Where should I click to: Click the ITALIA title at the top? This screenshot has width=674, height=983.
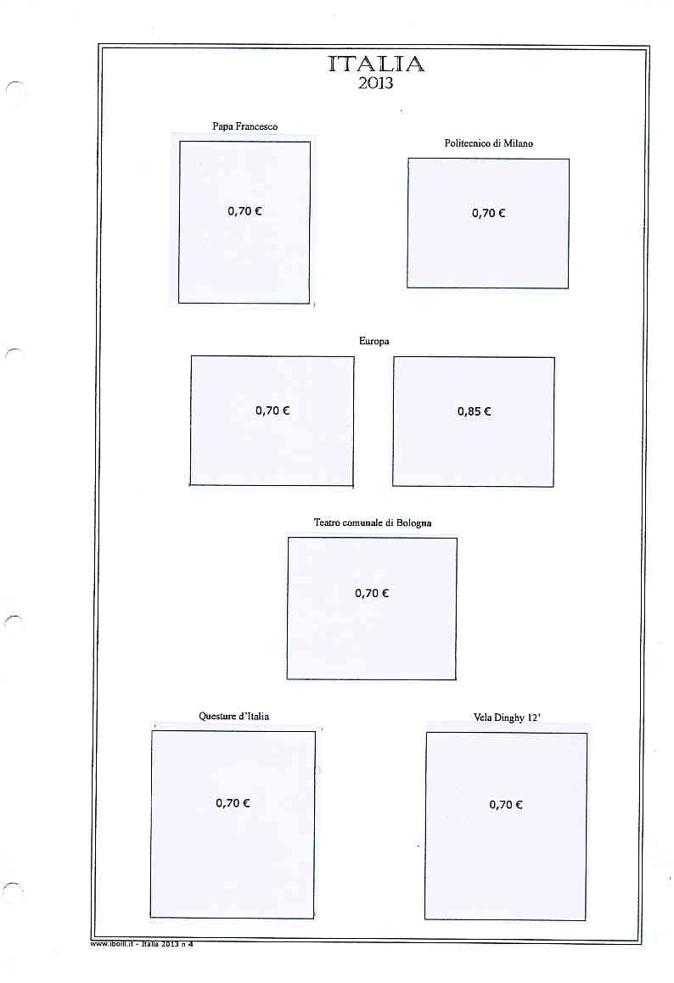coord(376,64)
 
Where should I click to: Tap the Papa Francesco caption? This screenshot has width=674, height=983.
coord(244,126)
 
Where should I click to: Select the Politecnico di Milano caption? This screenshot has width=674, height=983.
coord(488,143)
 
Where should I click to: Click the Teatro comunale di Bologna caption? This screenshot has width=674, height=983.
coord(373,522)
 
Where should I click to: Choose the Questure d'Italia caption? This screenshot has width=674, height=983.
coord(233,717)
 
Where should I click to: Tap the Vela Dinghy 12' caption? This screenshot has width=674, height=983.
coord(507,718)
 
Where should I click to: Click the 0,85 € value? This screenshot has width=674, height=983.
coord(474,411)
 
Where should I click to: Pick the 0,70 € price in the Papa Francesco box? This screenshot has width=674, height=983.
coord(244,211)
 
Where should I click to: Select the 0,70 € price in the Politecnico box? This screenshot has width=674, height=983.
coord(488,214)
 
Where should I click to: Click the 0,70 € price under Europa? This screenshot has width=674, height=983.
coord(272,411)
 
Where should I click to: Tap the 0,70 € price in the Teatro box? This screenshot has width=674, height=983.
coord(372,594)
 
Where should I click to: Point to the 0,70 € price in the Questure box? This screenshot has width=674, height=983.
coord(233,803)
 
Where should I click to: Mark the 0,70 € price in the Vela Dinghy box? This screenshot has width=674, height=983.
coord(506,805)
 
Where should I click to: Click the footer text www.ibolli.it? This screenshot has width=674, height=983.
coord(113,945)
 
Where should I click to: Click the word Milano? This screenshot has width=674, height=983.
coord(518,143)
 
